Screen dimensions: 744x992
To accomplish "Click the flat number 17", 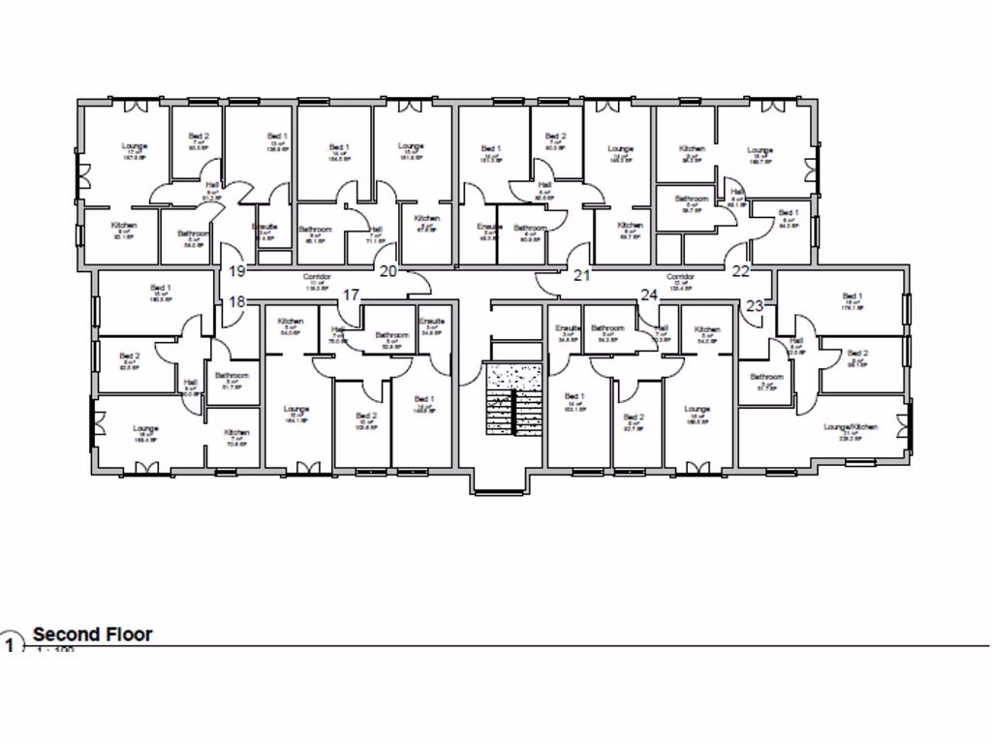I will pos(351,294).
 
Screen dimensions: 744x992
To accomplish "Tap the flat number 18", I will pos(237,302).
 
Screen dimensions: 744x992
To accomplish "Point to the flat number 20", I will pos(387,271).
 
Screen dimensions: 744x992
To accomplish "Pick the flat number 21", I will pos(582,275).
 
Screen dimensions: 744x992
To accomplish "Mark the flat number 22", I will pos(741,271).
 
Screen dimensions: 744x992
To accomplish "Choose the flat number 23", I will pos(755,305).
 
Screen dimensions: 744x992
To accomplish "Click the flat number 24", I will pos(648,294).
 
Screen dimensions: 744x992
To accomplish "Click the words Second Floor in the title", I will pos(93,635).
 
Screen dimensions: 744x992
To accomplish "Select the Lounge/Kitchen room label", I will pos(851,426).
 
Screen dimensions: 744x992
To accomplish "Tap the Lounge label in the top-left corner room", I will pos(134,147).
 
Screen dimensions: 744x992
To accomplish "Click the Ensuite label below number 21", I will pos(568,328).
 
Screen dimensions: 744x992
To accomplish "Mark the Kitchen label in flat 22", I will pos(693,149).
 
